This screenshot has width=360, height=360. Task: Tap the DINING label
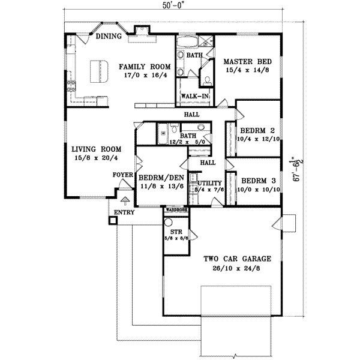[x=109, y=37]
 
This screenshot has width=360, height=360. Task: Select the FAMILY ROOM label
[x=142, y=67]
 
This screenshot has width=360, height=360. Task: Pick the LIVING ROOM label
[x=97, y=149]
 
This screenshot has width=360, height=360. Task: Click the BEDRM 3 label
[x=257, y=180]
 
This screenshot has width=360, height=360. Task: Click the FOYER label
[x=123, y=175]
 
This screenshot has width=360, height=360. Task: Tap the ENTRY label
[x=124, y=212]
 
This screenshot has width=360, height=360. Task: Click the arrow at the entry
[x=125, y=202]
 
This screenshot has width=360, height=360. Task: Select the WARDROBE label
[x=177, y=210]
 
